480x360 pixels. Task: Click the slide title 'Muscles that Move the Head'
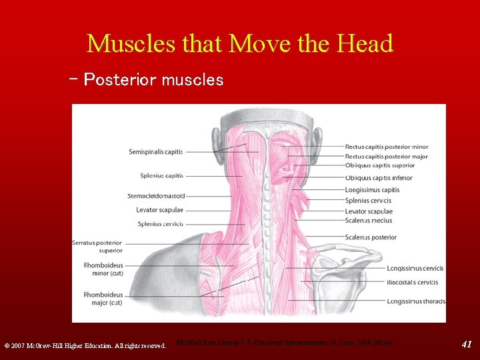(x=240, y=44)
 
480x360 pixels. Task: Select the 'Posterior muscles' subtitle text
(x=153, y=80)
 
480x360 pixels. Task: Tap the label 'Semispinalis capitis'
(x=155, y=152)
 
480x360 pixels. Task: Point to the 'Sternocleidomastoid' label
(x=156, y=196)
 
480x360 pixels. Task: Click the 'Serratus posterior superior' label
(x=97, y=247)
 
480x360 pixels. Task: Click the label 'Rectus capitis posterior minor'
(x=387, y=147)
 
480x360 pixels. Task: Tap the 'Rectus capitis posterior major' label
(x=387, y=157)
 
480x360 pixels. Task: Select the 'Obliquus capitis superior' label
(x=379, y=167)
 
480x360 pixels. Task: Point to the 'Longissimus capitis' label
(x=372, y=190)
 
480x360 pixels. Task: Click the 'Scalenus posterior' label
(x=371, y=237)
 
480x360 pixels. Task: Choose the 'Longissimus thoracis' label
(x=415, y=301)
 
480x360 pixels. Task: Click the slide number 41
(x=467, y=344)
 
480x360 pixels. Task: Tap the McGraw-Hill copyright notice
(x=85, y=346)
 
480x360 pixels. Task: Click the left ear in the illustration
(x=218, y=142)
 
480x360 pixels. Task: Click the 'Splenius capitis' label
(x=161, y=176)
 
